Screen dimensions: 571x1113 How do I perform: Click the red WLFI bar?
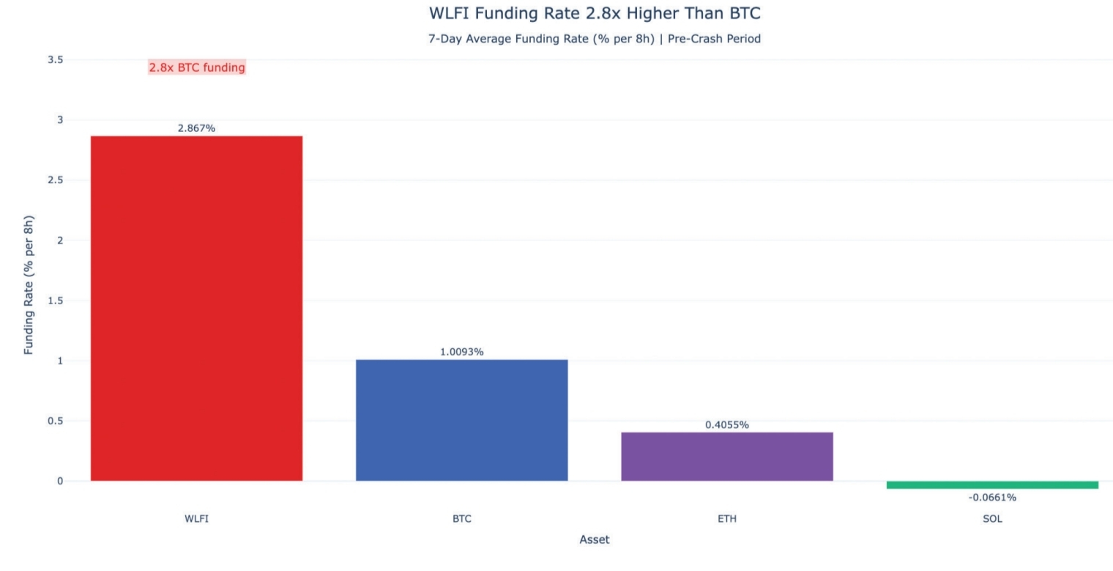pos(196,308)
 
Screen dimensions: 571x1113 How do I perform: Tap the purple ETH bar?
pos(726,457)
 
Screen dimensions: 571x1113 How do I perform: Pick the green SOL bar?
pos(992,485)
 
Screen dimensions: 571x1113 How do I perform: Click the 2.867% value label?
pos(196,128)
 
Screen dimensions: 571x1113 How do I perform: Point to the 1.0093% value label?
pos(461,352)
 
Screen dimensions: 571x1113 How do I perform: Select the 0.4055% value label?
pos(726,425)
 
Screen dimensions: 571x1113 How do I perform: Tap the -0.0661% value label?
pos(992,498)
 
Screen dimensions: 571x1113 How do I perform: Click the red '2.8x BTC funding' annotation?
pos(197,67)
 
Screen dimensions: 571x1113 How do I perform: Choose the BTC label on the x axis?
pos(461,519)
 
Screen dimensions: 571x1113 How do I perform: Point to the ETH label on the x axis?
pos(726,519)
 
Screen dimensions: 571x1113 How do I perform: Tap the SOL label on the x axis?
pos(992,519)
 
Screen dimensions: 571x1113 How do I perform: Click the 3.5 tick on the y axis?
pos(55,59)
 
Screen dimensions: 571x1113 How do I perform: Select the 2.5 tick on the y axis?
pos(55,180)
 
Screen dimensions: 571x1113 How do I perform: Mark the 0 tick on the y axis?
pos(59,482)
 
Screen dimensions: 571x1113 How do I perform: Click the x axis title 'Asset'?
pos(594,540)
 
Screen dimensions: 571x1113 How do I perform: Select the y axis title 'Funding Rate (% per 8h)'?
pos(29,285)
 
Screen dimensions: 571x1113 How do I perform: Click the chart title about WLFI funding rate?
pos(594,13)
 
